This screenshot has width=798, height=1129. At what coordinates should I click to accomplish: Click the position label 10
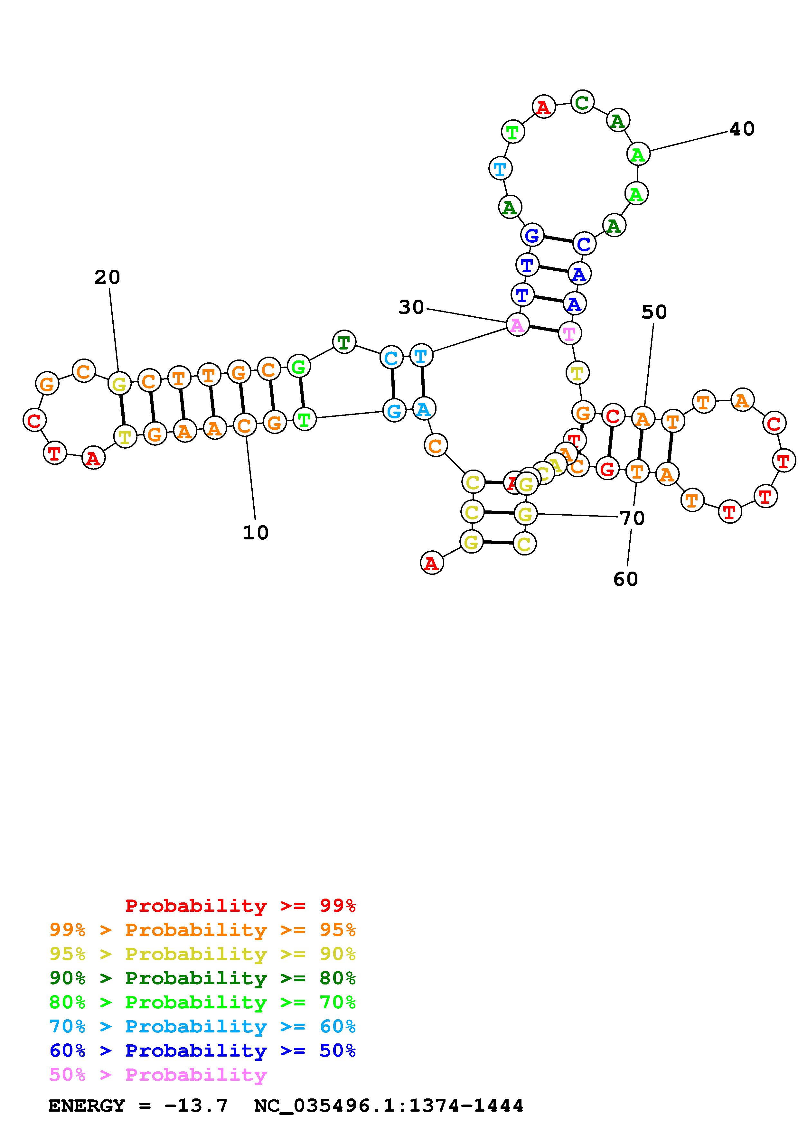[256, 533]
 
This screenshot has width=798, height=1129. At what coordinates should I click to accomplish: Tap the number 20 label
[107, 278]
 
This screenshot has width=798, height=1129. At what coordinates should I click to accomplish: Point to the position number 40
[741, 129]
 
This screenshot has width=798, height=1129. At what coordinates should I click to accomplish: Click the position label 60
[625, 579]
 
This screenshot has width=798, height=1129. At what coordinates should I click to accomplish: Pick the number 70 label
[632, 518]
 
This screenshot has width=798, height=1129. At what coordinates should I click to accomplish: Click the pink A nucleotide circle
[517, 325]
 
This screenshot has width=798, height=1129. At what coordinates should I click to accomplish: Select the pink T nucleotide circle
[569, 334]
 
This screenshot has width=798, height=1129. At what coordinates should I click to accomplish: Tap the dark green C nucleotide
[582, 103]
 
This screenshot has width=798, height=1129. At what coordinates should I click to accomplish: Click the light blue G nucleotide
[394, 411]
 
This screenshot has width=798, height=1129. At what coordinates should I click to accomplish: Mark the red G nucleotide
[608, 469]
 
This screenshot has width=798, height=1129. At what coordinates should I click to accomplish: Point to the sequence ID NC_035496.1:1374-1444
[389, 1106]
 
